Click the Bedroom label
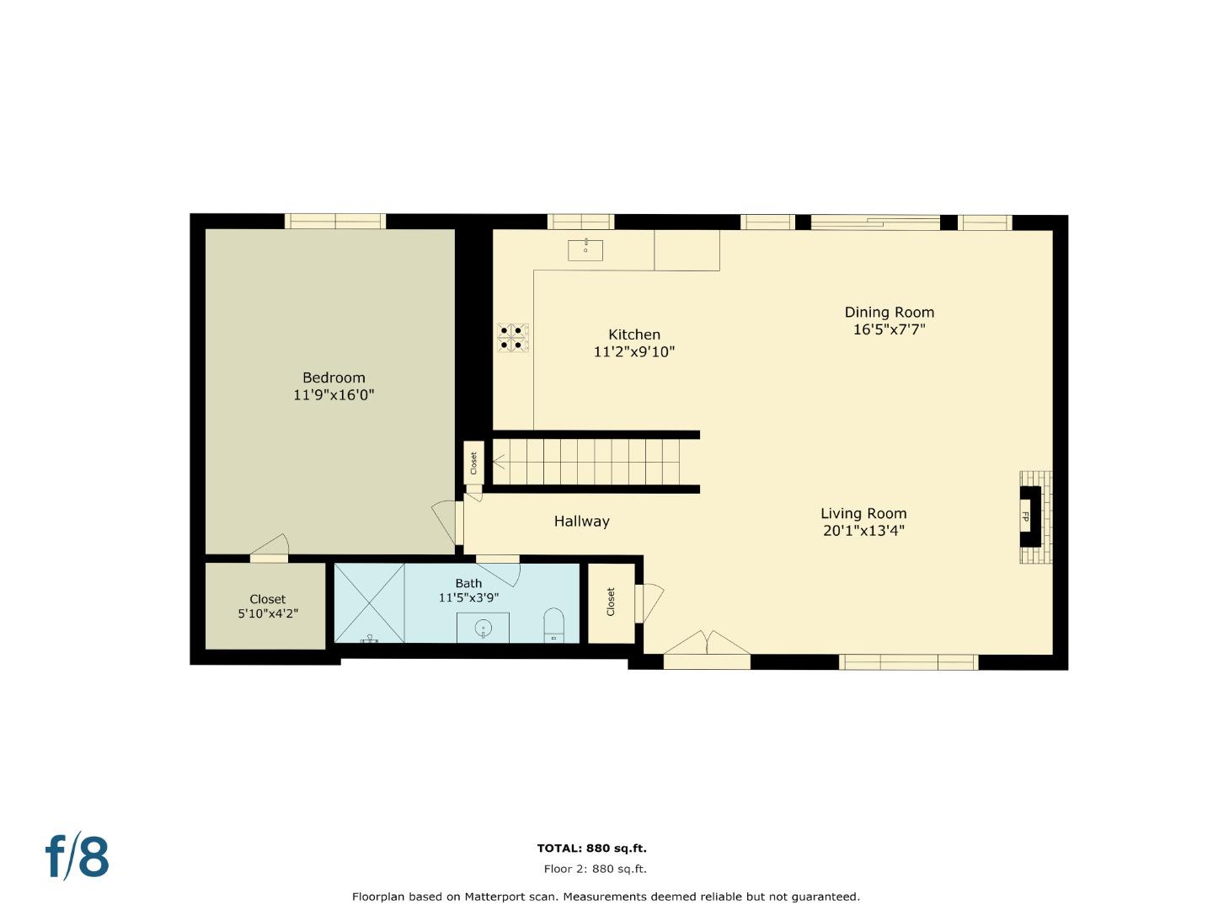coord(334,377)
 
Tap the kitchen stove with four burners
coord(512,337)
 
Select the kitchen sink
coord(585,249)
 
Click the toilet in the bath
coord(553,625)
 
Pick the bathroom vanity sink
coord(483,628)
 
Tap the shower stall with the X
coord(370,602)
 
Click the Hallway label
coord(581,522)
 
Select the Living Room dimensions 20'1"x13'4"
coord(863,531)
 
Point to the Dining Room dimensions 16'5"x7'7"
coord(889,329)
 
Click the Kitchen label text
coord(634,335)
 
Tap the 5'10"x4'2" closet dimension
coord(267,614)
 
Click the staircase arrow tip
coord(494,462)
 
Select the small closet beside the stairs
coord(473,463)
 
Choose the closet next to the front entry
coord(611,602)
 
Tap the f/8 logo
coord(77,857)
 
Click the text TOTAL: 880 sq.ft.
coord(591,848)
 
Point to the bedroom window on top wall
coord(334,222)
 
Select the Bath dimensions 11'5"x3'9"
coord(468,598)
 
